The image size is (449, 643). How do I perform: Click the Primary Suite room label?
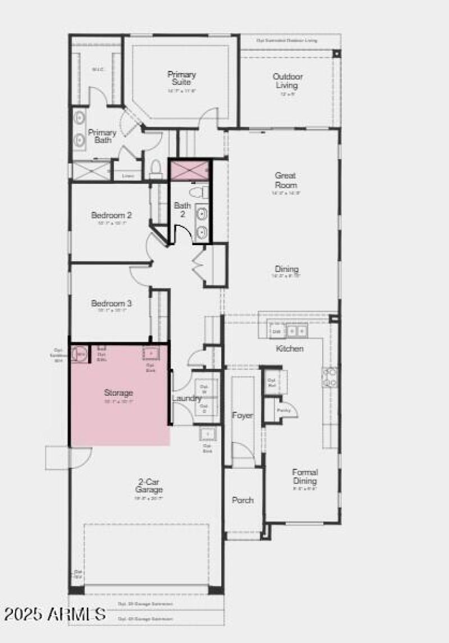(181, 79)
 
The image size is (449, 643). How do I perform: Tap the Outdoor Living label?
(288, 81)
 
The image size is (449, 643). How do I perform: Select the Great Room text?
(286, 180)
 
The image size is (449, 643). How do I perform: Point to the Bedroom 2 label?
(112, 215)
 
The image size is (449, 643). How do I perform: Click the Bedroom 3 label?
(112, 304)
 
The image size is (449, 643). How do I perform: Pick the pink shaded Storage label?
(118, 392)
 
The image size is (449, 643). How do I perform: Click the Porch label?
(242, 500)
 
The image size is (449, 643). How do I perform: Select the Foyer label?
(242, 415)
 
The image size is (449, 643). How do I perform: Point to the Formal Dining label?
(305, 477)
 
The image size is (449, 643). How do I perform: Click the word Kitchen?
(290, 348)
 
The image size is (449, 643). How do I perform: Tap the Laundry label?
(186, 399)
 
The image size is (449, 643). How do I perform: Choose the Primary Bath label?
(102, 136)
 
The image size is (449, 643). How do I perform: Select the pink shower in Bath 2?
(189, 170)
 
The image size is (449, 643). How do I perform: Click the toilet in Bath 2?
(199, 192)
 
